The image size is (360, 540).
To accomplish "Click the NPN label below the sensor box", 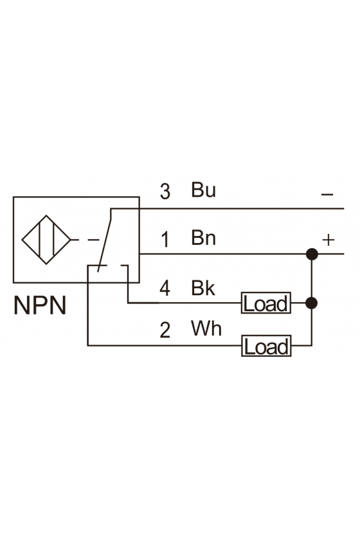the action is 40,305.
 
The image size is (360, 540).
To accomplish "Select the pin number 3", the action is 165,192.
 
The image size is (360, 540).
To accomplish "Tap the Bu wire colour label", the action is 203,190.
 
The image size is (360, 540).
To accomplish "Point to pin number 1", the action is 165,239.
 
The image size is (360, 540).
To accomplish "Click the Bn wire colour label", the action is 203,238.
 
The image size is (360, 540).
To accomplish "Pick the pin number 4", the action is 165,288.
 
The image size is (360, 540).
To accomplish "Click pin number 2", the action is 165,330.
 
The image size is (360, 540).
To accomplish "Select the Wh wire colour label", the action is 206,328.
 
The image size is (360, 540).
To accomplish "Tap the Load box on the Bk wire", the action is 266,303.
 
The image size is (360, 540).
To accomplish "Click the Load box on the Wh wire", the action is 266,346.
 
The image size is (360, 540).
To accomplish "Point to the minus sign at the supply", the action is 327,195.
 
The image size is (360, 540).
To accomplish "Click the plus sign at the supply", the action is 328,240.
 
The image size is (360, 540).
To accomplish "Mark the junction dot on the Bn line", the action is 312,254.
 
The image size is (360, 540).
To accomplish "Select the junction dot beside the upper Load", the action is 312,303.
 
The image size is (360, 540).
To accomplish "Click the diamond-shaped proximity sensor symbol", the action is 46,240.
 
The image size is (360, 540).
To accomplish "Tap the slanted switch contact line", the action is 104,240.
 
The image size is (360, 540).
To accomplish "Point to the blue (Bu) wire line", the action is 228,208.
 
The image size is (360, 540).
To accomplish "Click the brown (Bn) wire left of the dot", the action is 223,254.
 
